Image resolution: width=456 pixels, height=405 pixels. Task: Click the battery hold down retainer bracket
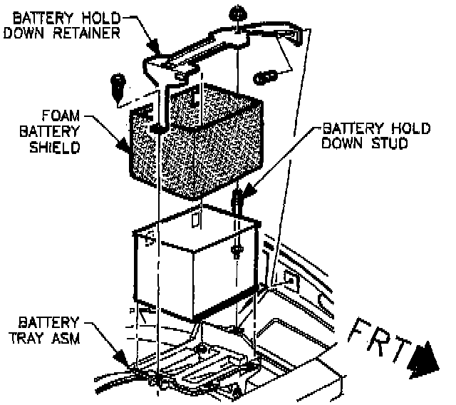(214, 50)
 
